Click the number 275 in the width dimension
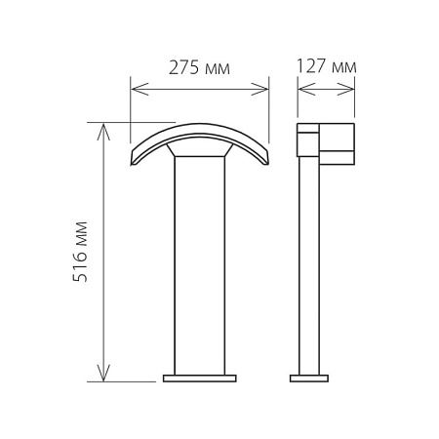click(x=183, y=67)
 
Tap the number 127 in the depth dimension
click(x=311, y=66)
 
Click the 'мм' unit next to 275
click(x=218, y=69)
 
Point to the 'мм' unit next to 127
click(x=344, y=68)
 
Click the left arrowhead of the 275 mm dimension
click(x=140, y=89)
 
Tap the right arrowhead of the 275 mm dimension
click(x=259, y=89)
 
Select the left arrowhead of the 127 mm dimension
click(x=306, y=89)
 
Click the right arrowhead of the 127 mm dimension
click(x=345, y=89)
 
